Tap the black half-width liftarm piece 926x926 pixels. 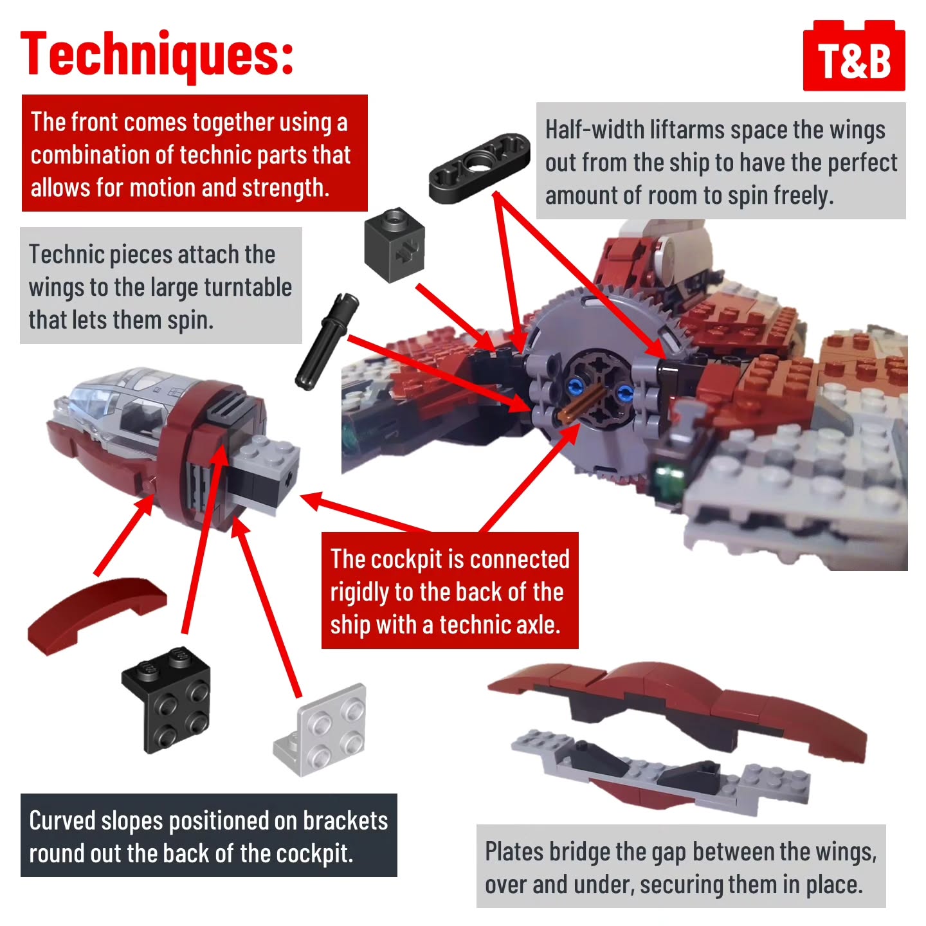tap(480, 167)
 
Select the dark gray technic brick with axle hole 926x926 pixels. tap(394, 244)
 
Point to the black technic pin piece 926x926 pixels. tap(327, 341)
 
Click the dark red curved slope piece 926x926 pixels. tap(96, 615)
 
